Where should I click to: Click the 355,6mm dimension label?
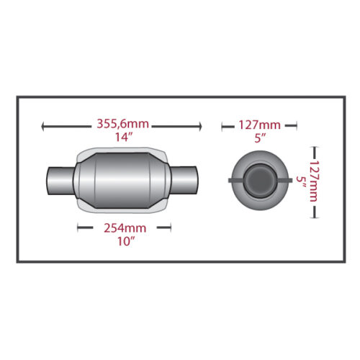click(122, 124)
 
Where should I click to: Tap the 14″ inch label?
click(124, 137)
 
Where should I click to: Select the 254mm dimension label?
click(125, 228)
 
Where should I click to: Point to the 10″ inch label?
click(126, 241)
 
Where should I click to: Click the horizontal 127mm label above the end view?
click(259, 125)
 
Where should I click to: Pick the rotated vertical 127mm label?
click(313, 181)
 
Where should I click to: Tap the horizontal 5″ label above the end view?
click(260, 138)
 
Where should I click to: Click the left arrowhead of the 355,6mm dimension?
click(42, 127)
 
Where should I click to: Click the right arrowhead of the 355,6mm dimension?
click(200, 127)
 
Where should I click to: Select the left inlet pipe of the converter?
click(60, 181)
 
